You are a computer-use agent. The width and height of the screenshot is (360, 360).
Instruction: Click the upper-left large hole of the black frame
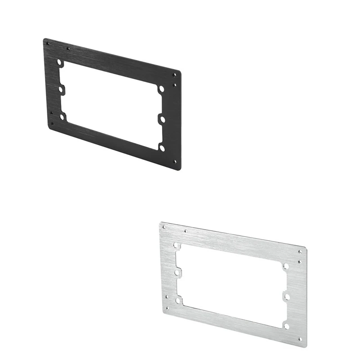pos(60,63)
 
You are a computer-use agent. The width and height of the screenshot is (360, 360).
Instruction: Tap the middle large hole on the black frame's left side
pos(61,90)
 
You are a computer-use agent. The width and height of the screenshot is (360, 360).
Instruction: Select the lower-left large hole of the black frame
pos(63,117)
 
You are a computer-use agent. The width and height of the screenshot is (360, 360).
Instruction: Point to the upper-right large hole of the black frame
pos(161,89)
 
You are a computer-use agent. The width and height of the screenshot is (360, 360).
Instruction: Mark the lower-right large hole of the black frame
pos(162,147)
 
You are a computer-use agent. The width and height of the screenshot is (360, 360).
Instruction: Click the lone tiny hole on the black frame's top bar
pos(68,49)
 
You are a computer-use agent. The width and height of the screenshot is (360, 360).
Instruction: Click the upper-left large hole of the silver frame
pos(176,246)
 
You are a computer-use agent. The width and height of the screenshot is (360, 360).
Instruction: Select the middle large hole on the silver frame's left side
pos(178,273)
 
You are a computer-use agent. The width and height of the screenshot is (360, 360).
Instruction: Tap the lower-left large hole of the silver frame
pos(179,299)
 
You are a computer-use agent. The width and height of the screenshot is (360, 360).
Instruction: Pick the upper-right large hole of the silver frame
pos(285,266)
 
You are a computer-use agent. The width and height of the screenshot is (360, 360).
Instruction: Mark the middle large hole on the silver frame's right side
pos(286,297)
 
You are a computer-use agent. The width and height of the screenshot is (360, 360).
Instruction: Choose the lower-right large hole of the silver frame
pos(286,325)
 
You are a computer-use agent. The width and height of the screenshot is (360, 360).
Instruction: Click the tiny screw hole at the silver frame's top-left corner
pos(164,227)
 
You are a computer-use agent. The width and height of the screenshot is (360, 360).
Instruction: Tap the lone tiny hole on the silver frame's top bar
pos(186,232)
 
